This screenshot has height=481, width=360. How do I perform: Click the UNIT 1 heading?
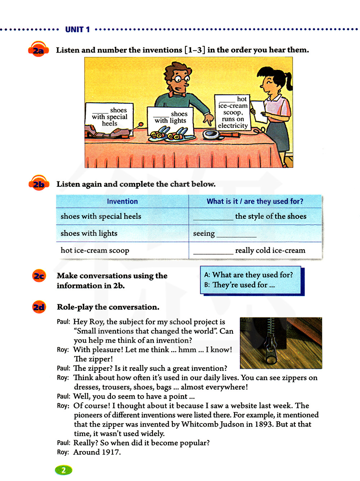tap(77, 30)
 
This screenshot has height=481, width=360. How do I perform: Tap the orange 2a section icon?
tap(38, 50)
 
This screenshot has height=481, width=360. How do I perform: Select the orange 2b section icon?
tap(39, 184)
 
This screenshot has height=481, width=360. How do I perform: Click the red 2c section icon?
tap(39, 276)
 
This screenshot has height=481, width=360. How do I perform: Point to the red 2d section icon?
tap(39, 307)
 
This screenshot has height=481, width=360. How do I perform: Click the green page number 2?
tap(63, 470)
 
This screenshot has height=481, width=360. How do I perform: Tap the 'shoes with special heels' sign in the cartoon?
tap(109, 117)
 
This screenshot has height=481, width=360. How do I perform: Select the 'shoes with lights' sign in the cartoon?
tap(170, 118)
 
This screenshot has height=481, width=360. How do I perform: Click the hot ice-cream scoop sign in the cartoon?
tap(233, 112)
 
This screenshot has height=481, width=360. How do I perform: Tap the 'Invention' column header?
tap(122, 201)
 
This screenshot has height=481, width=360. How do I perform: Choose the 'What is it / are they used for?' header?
tap(255, 201)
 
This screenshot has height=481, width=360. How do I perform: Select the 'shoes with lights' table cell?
tap(89, 233)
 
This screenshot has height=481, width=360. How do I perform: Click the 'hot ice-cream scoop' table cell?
tap(95, 250)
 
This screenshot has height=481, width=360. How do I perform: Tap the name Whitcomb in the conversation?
tap(200, 424)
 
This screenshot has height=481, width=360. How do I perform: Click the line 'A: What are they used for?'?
tap(249, 275)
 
